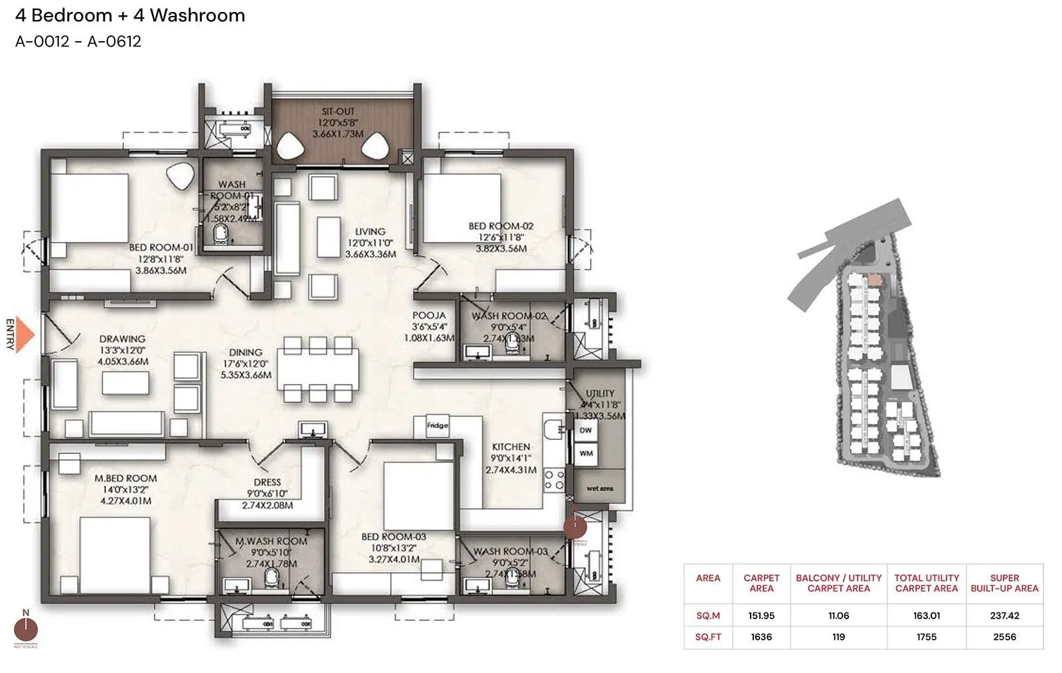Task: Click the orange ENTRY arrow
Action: pos(24,334)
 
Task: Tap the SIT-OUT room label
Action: pos(339,112)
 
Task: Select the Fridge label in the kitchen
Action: pos(437,425)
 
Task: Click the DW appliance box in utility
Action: pos(585,431)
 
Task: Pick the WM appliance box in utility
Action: pos(585,454)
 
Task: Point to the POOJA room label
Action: pos(429,316)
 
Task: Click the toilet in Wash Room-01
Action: pos(220,234)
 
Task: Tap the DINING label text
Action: pos(246,353)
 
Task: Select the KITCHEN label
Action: pos(510,447)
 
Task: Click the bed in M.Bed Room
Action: pos(115,555)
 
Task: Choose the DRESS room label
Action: pos(267,482)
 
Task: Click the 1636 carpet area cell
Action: pos(761,636)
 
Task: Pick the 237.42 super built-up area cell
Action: pos(1004,616)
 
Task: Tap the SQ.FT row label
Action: pos(708,636)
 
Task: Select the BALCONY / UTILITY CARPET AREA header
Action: pos(838,583)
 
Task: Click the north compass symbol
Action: pos(26,628)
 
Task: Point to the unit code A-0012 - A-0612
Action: pos(78,41)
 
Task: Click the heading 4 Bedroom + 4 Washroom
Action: pos(130,15)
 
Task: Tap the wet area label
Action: pos(599,488)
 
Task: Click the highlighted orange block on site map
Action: pos(875,280)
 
